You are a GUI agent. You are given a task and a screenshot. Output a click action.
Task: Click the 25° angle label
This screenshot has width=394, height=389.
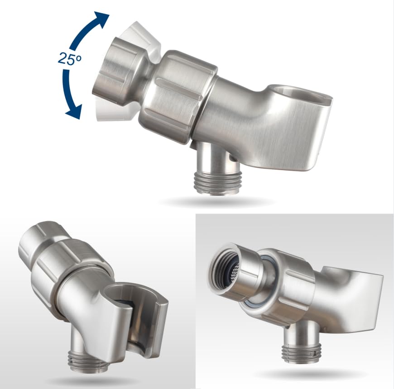click(70, 59)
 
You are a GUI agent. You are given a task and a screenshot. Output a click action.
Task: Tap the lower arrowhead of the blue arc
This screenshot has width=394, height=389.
click(74, 112)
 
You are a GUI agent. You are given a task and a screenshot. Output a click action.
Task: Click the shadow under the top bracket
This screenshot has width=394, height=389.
click(216, 201)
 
